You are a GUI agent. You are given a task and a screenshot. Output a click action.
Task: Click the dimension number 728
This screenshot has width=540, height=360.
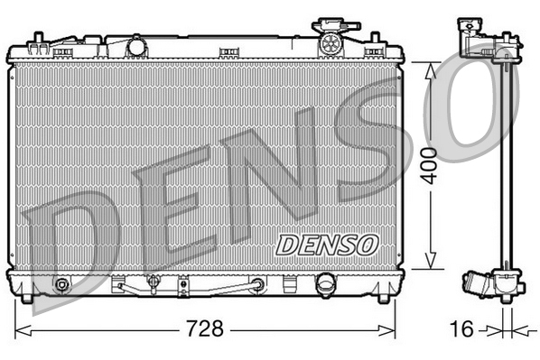(x=205, y=328)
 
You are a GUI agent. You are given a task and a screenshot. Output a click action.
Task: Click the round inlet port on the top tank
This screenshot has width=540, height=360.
(x=136, y=45)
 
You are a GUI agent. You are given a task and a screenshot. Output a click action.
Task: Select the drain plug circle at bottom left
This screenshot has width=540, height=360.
(x=62, y=286)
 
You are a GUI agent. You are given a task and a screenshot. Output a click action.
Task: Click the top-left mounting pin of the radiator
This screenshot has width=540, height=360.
(x=36, y=38)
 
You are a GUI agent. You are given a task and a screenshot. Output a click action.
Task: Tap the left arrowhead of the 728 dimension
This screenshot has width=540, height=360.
(x=21, y=327)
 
